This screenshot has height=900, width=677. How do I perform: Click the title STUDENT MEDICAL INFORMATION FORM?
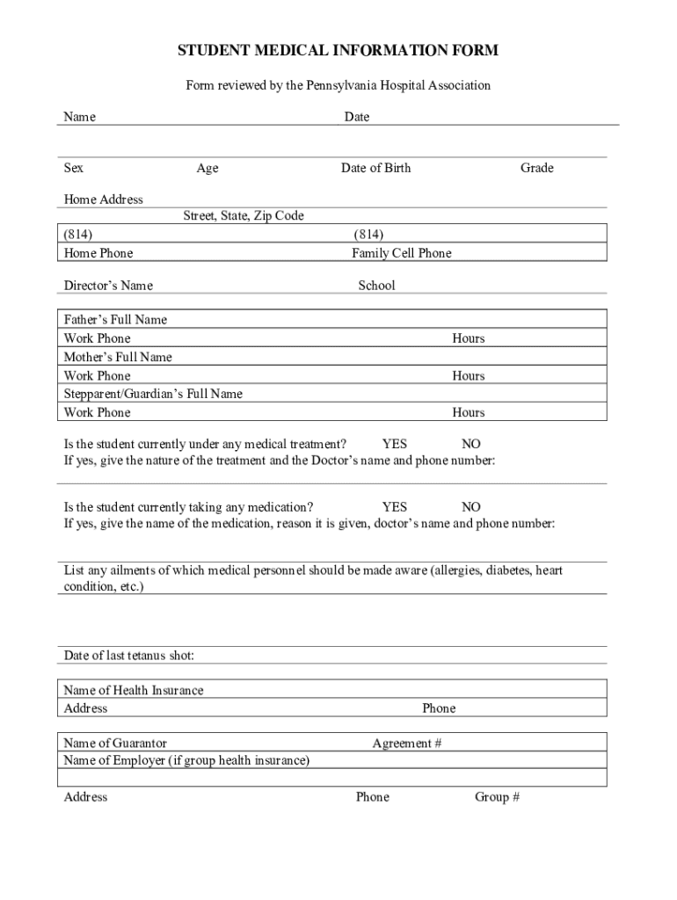[x=338, y=51]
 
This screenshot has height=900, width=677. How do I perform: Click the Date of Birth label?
[x=375, y=168]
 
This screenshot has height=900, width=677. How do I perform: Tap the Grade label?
[x=536, y=168]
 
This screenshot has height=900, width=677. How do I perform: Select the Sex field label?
[x=74, y=168]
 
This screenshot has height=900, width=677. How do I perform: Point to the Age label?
[x=207, y=168]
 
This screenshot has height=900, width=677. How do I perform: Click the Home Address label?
[x=103, y=200]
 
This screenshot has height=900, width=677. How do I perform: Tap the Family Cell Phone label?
[x=401, y=253]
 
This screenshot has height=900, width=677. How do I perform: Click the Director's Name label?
[x=108, y=286]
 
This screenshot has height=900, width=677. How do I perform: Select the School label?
[x=376, y=286]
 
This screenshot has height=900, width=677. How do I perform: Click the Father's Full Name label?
[x=115, y=320]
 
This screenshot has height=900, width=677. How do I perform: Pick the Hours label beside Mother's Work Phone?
[x=468, y=375]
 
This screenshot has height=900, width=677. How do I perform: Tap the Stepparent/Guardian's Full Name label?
[x=153, y=394]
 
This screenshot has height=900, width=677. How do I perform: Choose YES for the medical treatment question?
[x=394, y=445]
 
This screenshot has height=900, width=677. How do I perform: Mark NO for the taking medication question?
[x=471, y=507]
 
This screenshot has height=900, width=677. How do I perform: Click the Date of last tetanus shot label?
[x=129, y=656]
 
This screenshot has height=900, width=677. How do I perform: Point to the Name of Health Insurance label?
[x=134, y=691]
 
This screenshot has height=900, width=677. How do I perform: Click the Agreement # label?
[x=406, y=744]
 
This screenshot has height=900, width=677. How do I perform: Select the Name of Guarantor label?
[x=115, y=744]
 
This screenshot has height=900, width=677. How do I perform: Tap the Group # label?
[x=497, y=797]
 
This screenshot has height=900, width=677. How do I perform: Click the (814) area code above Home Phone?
[x=78, y=235]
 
